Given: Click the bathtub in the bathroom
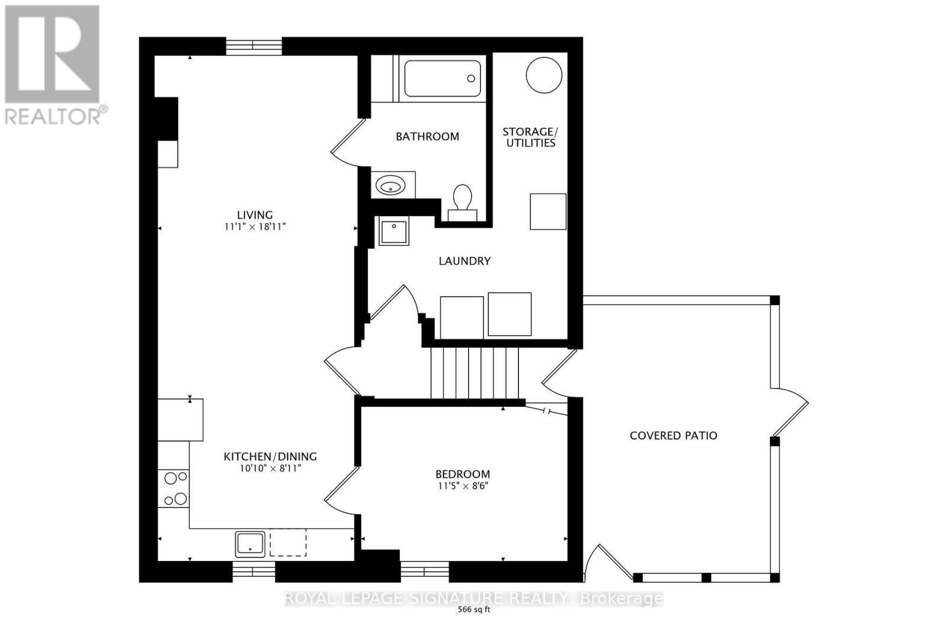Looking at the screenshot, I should (443, 79).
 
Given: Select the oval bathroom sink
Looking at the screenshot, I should (391, 187).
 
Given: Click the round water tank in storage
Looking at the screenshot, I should (544, 75).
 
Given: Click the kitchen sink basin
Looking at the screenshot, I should (250, 544).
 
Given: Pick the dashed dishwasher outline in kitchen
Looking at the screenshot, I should (288, 543).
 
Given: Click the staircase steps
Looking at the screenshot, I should (474, 373).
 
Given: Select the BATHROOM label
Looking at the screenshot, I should (427, 137).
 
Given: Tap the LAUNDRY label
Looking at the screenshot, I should (465, 261).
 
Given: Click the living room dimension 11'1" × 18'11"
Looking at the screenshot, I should (255, 227).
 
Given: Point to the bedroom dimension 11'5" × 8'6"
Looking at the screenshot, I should (462, 486).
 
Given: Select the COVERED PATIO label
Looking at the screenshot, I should (673, 436).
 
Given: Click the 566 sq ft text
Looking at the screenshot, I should (474, 611).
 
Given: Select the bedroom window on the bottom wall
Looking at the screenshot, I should (424, 570).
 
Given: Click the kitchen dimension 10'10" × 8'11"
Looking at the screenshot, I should (270, 469).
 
